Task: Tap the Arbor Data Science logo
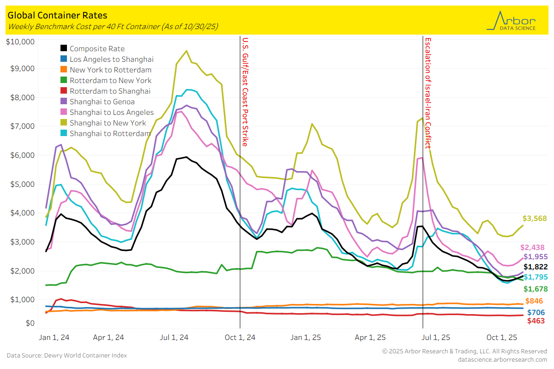point(512,21)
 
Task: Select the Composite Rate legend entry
point(97,48)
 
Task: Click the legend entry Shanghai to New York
point(108,123)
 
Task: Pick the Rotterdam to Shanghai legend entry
point(110,91)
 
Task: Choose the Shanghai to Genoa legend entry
point(102,101)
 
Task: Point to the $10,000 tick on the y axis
point(20,42)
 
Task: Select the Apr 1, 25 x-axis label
point(370,337)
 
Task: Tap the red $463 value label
point(536,321)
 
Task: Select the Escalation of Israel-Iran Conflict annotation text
point(428,93)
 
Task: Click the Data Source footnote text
point(66,355)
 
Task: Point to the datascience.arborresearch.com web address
point(502,359)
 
